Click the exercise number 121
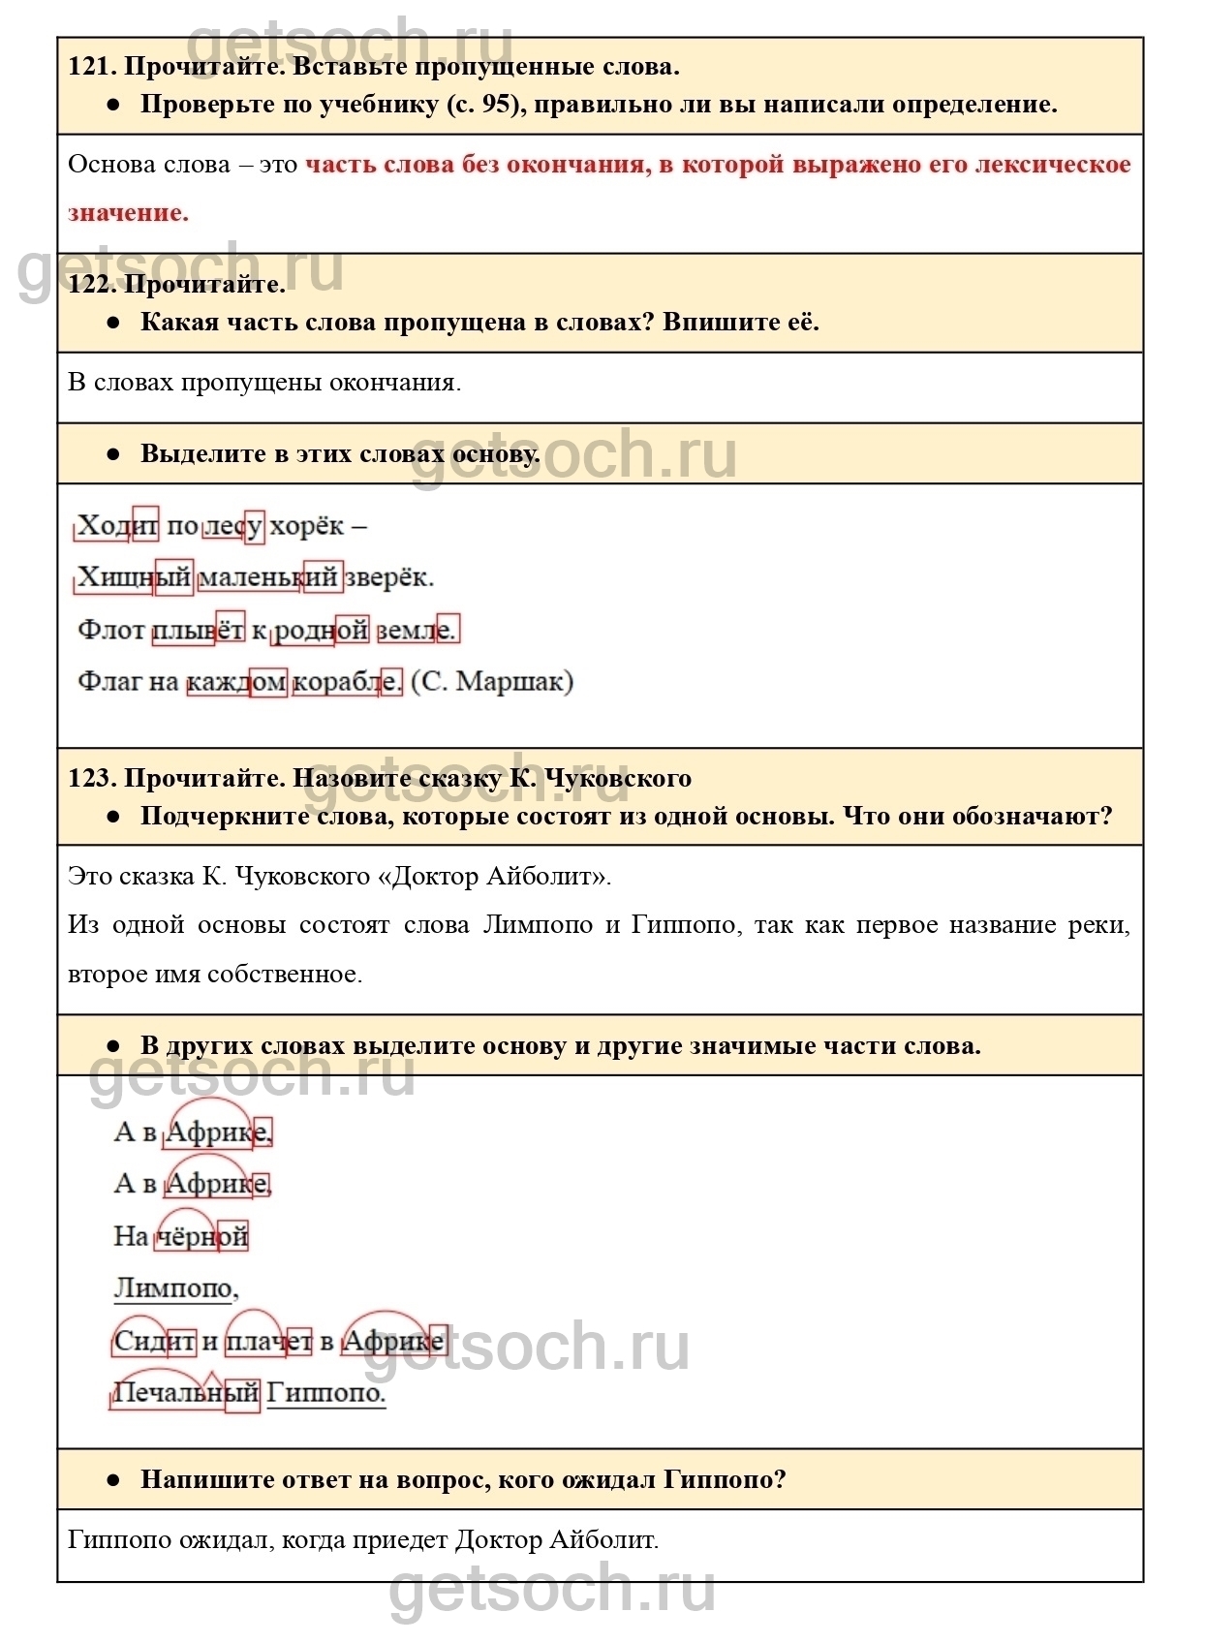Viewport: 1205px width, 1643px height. click(x=91, y=67)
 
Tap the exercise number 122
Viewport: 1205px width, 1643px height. click(x=91, y=284)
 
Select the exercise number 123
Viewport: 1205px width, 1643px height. click(x=91, y=778)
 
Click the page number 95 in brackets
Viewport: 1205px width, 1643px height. click(x=496, y=105)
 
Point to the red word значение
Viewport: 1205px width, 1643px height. click(x=128, y=213)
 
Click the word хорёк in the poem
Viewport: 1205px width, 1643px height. click(x=306, y=526)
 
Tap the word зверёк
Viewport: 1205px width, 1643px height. click(x=388, y=578)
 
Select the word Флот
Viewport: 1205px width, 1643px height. click(x=111, y=631)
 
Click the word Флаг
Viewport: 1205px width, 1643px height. click(x=109, y=682)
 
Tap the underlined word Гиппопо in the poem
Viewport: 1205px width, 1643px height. click(x=325, y=1393)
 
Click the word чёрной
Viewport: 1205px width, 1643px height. click(x=202, y=1236)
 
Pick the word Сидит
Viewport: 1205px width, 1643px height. click(x=154, y=1342)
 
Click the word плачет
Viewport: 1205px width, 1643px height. click(x=268, y=1342)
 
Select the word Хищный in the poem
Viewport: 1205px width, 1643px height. click(x=134, y=578)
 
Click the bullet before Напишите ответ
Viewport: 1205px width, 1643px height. click(x=113, y=1479)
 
